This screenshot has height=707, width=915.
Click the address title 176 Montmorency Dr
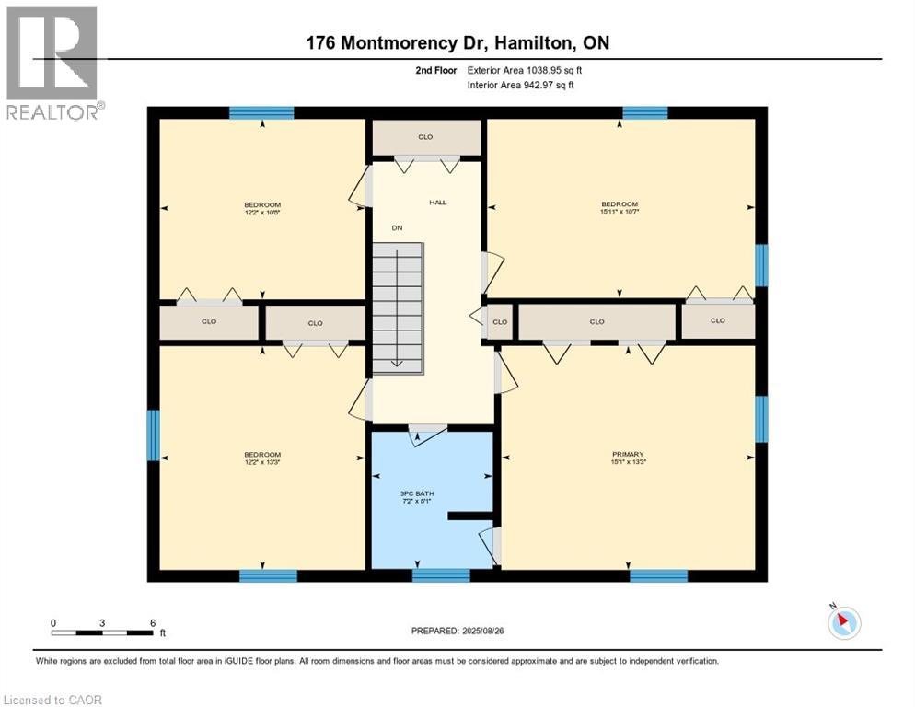pyautogui.click(x=457, y=43)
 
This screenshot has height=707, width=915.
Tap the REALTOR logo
pyautogui.click(x=52, y=63)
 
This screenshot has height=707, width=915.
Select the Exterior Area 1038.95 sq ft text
pyautogui.click(x=522, y=70)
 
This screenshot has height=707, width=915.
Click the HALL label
pyautogui.click(x=437, y=202)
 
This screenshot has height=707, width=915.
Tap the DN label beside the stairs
pyautogui.click(x=397, y=227)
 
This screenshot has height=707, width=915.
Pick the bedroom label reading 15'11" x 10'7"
pyautogui.click(x=620, y=208)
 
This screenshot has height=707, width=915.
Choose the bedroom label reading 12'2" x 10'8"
pyautogui.click(x=262, y=208)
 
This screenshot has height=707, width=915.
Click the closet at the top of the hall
pyautogui.click(x=425, y=137)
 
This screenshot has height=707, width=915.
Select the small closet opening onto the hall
pyautogui.click(x=500, y=322)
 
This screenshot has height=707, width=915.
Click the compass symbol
pyautogui.click(x=843, y=623)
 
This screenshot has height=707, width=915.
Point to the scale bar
pyautogui.click(x=102, y=632)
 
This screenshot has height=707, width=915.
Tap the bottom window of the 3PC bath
pyautogui.click(x=441, y=576)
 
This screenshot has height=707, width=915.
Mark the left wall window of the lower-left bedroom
pyautogui.click(x=154, y=435)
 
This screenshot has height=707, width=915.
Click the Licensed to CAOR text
pyautogui.click(x=52, y=700)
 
